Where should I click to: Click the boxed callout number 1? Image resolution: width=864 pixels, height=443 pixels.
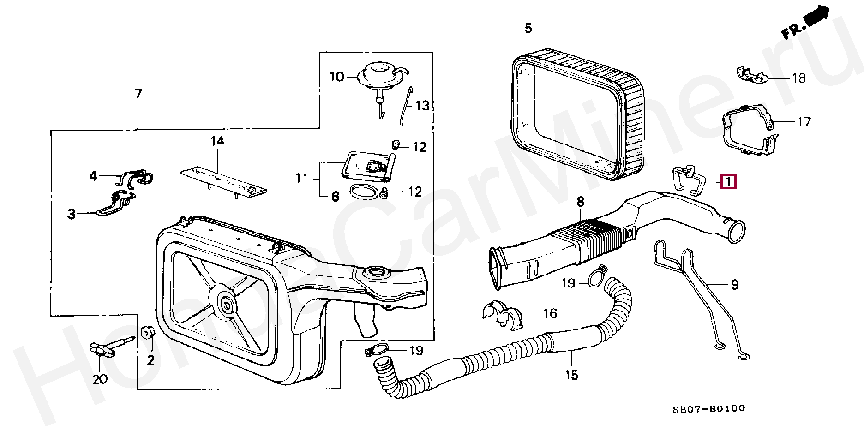(x=728, y=181)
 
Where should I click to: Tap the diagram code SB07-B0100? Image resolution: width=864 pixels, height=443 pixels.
(x=708, y=409)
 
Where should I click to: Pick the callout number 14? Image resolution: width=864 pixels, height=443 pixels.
(x=217, y=141)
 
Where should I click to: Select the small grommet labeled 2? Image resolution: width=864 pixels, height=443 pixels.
(x=147, y=332)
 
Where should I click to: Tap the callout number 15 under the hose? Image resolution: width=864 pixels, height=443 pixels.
(x=571, y=375)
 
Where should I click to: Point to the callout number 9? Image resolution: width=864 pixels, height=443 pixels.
(x=735, y=285)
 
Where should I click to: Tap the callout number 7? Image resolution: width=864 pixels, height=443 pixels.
(x=138, y=94)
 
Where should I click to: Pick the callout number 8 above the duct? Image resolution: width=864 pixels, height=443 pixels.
(x=580, y=202)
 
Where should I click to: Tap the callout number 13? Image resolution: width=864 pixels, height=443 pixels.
(x=422, y=106)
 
